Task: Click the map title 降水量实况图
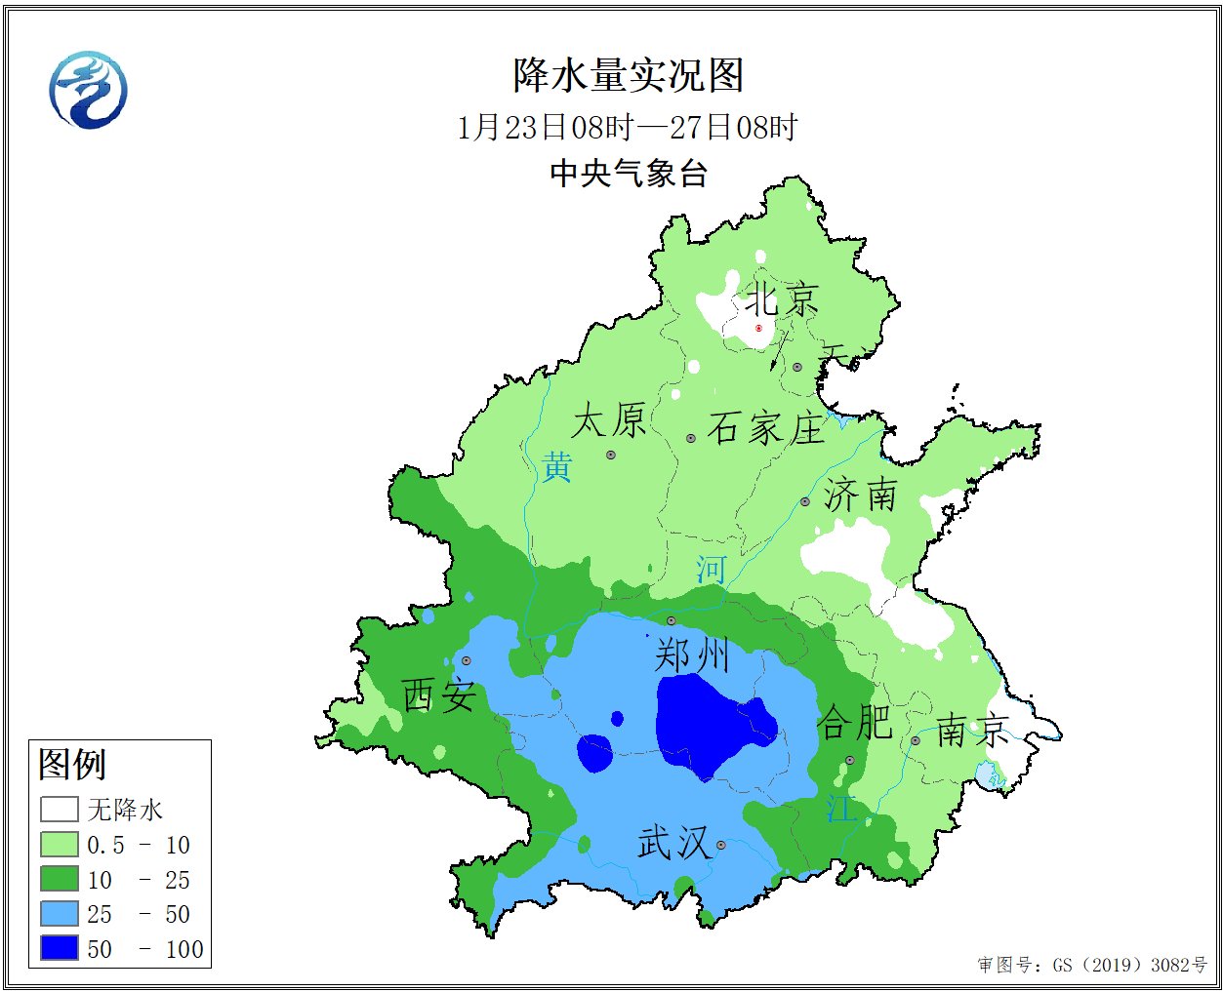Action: point(628,76)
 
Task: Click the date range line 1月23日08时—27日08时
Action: point(628,127)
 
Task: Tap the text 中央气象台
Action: point(628,174)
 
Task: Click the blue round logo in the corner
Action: point(88,90)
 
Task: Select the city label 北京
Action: point(782,299)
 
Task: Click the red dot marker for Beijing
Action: point(758,329)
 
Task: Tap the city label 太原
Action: point(609,421)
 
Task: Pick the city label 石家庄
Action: point(766,428)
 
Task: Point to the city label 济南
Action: point(860,496)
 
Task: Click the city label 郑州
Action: point(692,655)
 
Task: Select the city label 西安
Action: point(439,696)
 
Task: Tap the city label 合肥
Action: point(855,723)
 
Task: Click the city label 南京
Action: point(972,730)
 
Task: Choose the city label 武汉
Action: point(673,843)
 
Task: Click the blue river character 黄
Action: point(556,467)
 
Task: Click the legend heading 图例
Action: point(72,764)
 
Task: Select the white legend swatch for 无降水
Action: point(59,810)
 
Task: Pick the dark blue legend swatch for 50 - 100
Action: point(59,947)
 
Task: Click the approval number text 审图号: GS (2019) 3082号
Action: point(1092,965)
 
